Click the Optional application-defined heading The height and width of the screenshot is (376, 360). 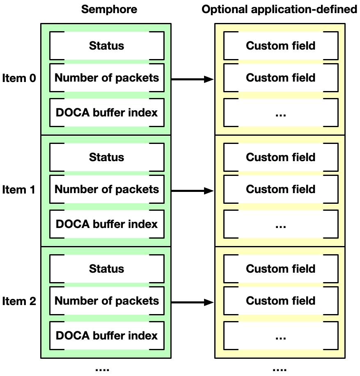280,9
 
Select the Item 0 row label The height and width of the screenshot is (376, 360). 19,78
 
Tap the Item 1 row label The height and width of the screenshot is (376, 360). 19,189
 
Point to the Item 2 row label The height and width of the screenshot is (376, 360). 19,301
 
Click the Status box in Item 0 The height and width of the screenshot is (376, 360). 107,46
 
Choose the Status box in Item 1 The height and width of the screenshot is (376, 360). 107,157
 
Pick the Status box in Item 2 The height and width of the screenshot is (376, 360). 107,269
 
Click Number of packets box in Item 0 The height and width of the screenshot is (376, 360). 107,77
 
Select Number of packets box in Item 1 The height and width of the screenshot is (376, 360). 107,189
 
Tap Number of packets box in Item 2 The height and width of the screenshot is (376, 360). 107,301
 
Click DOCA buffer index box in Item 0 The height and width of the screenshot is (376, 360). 107,112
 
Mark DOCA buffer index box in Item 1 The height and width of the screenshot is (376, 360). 107,224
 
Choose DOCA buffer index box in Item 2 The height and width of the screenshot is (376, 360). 107,335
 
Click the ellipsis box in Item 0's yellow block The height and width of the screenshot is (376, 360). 281,112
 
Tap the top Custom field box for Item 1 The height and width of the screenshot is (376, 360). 281,157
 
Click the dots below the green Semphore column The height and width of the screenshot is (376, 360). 102,369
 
